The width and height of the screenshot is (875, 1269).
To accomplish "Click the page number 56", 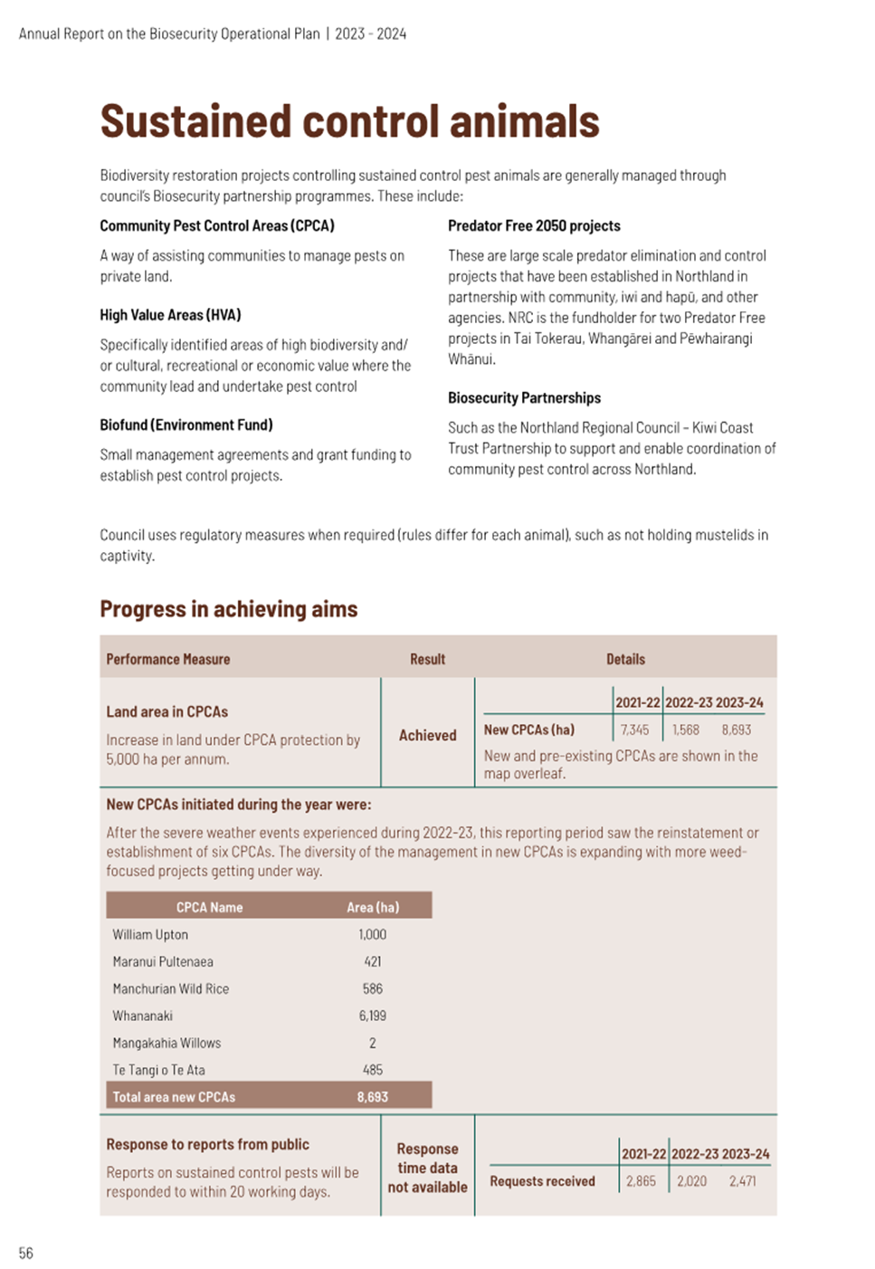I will (25, 1253).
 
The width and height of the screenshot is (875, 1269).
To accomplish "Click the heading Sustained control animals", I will (349, 121).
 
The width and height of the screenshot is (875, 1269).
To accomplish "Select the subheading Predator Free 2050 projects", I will (534, 225).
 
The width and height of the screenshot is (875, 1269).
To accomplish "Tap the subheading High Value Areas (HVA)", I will (170, 315).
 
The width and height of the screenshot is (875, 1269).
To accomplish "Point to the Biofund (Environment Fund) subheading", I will (185, 425).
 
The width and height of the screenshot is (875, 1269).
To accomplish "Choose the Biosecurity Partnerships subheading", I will (524, 397).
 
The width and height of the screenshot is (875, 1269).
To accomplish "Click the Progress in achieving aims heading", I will (228, 609).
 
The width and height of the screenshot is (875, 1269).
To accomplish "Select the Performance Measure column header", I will (167, 659).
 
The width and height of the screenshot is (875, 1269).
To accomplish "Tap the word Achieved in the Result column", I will (427, 735).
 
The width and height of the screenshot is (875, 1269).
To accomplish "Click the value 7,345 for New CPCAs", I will (634, 730).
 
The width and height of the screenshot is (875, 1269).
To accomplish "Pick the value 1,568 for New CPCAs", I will (685, 730).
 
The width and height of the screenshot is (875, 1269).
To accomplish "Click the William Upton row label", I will (150, 934).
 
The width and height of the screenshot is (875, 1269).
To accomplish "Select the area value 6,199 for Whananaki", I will (372, 1016).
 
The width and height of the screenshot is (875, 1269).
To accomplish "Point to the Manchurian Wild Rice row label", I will (170, 988).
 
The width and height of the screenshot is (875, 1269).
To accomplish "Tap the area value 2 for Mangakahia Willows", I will (372, 1043).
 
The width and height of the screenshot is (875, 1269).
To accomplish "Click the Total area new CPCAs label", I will (174, 1096).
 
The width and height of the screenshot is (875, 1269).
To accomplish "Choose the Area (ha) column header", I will (372, 907).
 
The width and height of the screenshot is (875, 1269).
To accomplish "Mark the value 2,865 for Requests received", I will (641, 1181).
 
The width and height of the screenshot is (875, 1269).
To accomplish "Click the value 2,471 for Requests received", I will (742, 1181).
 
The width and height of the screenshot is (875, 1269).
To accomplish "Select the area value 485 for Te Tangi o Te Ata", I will (372, 1070).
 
